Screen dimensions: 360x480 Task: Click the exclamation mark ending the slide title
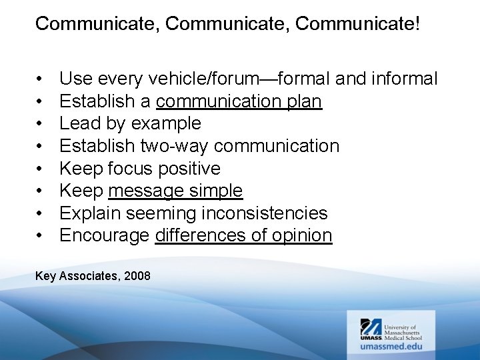coord(417,24)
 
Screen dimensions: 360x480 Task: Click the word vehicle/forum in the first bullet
coord(201,79)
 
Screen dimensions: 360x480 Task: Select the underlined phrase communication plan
coord(239,101)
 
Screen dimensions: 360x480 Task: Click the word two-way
coord(173,146)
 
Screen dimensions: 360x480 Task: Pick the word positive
coord(189,169)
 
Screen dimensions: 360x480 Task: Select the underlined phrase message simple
coord(175,191)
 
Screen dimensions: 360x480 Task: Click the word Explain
coord(88,213)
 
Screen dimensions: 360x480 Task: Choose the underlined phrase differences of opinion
coord(243,235)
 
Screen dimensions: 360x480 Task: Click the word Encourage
coord(105,235)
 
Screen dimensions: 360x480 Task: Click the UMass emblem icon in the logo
coord(371,327)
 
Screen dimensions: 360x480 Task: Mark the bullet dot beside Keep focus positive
coord(41,169)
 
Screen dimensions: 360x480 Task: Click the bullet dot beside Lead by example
coord(41,124)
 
